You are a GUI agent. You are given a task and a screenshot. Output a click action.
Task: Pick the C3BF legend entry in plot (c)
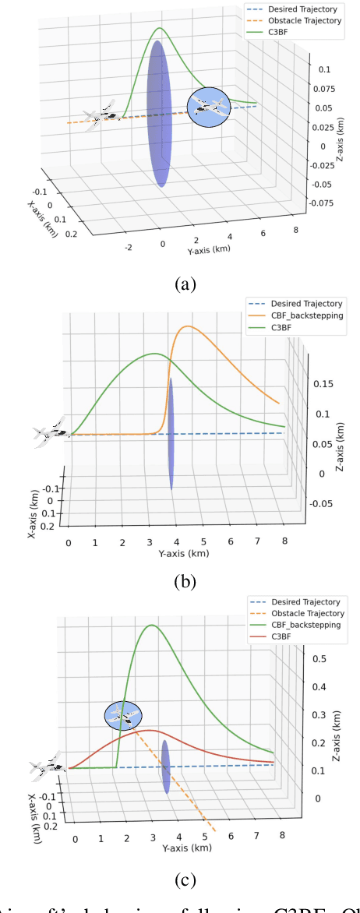tap(284, 637)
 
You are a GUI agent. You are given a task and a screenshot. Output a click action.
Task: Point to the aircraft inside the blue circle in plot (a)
tap(209, 108)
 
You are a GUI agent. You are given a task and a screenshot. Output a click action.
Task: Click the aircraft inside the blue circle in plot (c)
tap(124, 717)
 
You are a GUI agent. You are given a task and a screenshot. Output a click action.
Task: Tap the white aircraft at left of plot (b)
tap(51, 432)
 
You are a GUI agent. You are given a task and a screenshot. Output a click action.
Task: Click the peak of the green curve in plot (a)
tap(160, 30)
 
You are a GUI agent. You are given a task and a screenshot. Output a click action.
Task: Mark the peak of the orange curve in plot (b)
tap(187, 327)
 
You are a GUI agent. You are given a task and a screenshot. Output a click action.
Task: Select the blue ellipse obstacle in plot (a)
tap(158, 114)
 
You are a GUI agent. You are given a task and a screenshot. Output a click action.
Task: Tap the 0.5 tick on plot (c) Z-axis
tap(319, 659)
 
